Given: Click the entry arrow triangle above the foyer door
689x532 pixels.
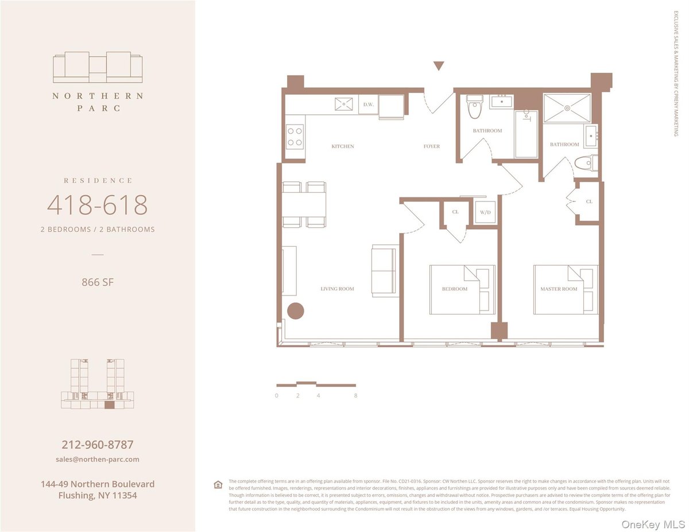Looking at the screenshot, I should tap(439, 66).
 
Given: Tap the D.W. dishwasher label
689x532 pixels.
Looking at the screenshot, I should tap(368, 104).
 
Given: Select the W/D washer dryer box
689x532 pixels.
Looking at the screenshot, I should tap(485, 212).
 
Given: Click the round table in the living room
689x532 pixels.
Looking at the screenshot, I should tap(295, 310).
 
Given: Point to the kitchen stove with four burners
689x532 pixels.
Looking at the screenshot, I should tap(295, 137).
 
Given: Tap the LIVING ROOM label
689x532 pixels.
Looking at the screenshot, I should tap(337, 289).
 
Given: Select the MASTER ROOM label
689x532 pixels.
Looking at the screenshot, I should tap(559, 289).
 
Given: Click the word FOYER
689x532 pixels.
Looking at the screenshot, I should tap(432, 146).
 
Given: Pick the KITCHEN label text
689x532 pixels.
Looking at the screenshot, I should tap(343, 146).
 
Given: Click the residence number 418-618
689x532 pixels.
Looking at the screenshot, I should tap(97, 205).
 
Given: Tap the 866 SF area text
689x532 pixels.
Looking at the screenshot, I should tap(97, 282).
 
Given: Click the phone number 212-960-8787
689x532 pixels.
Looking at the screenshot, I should tap(98, 445).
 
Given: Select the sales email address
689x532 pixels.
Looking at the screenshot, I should tap(98, 459).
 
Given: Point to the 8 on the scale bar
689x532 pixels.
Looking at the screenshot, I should tap(356, 395).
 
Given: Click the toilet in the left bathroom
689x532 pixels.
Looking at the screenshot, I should tap(474, 107).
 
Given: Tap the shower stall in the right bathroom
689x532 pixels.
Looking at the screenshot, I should tap(567, 107).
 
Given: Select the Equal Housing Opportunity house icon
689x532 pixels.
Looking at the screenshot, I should tap(218, 484).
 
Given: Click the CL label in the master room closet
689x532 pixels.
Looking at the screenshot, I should tap(589, 202).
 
